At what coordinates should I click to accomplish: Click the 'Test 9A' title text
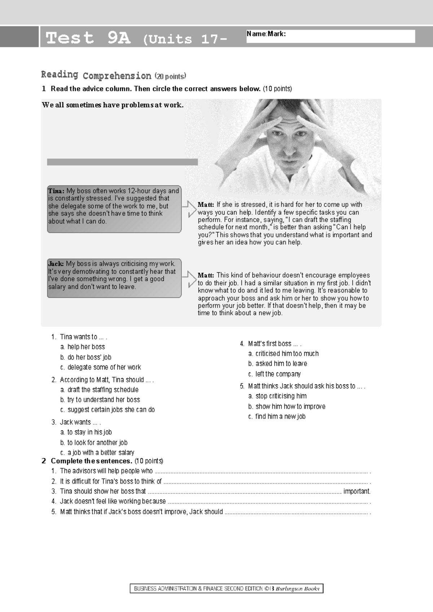pyautogui.click(x=88, y=38)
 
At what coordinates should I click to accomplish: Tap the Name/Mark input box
pyautogui.click(x=330, y=36)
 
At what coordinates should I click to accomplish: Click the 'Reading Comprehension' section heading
pyautogui.click(x=96, y=75)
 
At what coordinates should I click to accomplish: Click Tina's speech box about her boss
pyautogui.click(x=114, y=209)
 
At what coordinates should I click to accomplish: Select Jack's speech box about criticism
pyautogui.click(x=114, y=278)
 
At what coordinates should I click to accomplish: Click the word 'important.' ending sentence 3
pyautogui.click(x=357, y=491)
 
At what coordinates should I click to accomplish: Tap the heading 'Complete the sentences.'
pyautogui.click(x=91, y=461)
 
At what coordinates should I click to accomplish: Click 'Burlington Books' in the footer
pyautogui.click(x=298, y=589)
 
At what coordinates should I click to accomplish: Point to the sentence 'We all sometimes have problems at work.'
pyautogui.click(x=113, y=105)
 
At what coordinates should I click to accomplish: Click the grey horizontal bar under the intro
pyautogui.click(x=122, y=162)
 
